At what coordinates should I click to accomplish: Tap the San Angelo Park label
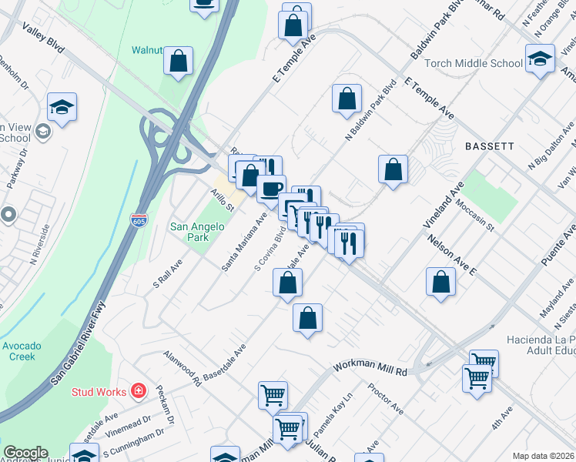197,232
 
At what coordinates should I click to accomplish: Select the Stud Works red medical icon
139,392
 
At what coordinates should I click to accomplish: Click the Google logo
25,453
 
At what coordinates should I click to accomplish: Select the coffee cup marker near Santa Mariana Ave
270,189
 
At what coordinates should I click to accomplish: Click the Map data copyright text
544,456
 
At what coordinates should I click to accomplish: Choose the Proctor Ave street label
386,398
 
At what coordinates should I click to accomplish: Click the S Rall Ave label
167,273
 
